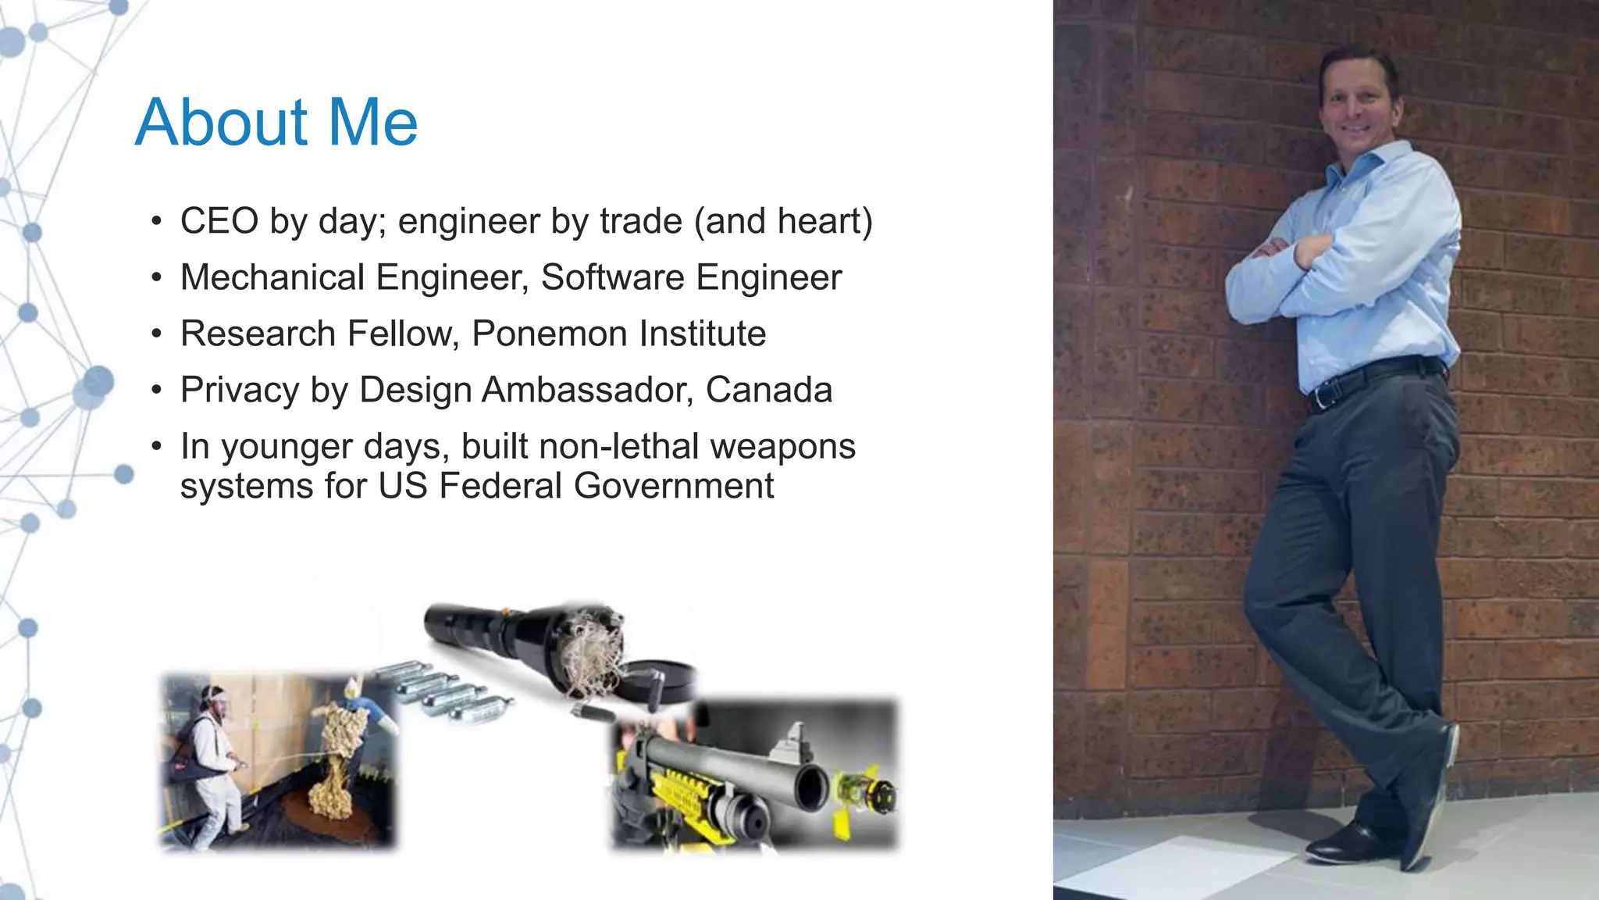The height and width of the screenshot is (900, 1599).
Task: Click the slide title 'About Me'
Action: (276, 122)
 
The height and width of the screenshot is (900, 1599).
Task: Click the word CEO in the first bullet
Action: (219, 221)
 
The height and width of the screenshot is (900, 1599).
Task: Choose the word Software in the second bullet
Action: (612, 277)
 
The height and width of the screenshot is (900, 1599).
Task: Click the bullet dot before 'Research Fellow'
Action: (157, 334)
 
